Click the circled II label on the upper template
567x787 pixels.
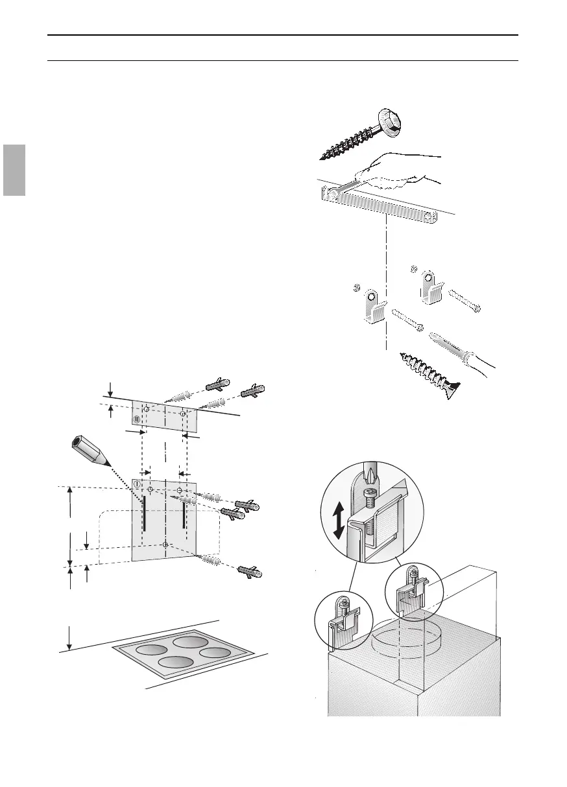point(137,419)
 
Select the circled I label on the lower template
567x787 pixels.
point(138,484)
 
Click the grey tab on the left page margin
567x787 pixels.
point(12,170)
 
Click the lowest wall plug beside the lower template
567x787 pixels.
point(248,572)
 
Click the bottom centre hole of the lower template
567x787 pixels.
point(166,545)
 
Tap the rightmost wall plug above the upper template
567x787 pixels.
point(253,393)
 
